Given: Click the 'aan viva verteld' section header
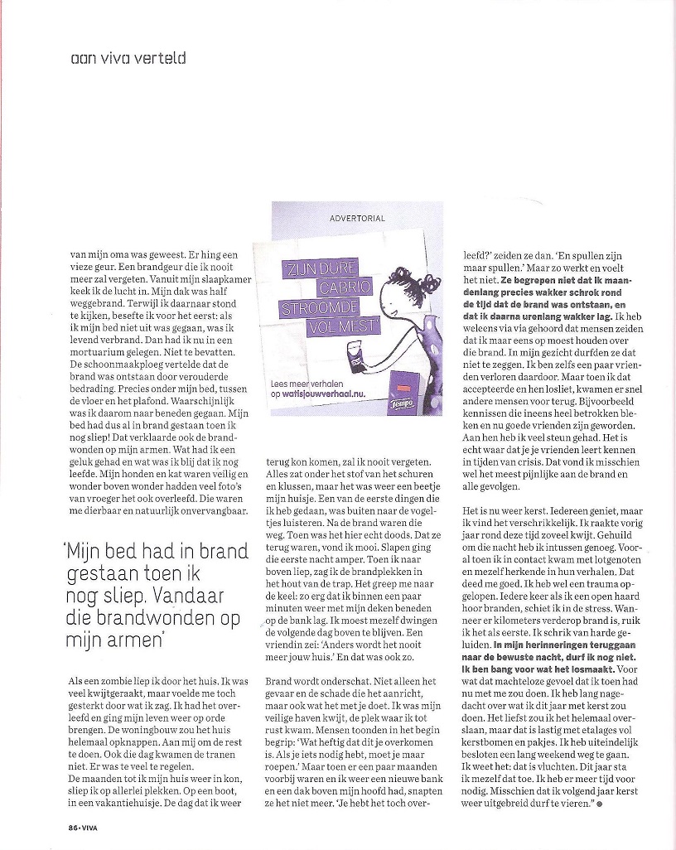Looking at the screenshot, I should tap(128, 58).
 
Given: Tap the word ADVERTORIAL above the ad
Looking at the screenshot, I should tap(357, 219).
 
